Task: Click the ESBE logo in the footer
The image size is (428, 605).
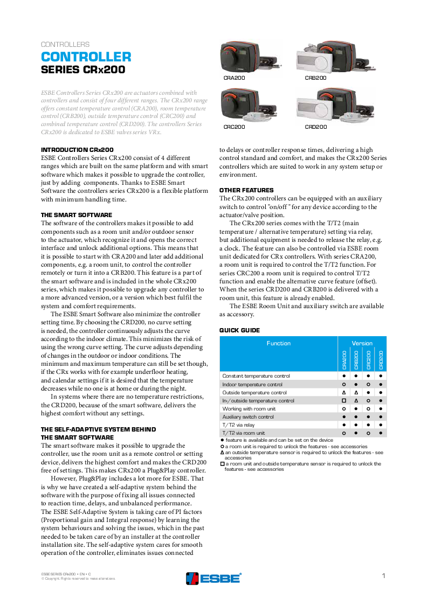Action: (213, 578)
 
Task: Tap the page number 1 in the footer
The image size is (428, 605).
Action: (383, 576)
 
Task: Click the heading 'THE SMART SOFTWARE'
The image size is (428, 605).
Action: (77, 215)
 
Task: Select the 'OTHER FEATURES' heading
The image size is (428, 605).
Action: (246, 190)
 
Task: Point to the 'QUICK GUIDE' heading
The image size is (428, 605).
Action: (239, 330)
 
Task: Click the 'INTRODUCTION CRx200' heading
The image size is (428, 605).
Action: (77, 150)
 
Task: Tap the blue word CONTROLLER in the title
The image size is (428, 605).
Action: (86, 57)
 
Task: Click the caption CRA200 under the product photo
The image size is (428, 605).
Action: (234, 79)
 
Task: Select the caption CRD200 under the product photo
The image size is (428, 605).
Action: (316, 127)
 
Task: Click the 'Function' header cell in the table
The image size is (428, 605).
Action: (278, 343)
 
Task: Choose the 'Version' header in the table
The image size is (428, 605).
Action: (362, 343)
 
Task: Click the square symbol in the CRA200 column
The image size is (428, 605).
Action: (343, 401)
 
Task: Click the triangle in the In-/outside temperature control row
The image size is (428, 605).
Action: (356, 401)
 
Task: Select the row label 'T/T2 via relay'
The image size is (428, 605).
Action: (238, 425)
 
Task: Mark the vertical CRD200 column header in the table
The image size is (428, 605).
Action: (381, 359)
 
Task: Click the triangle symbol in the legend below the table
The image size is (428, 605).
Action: (222, 453)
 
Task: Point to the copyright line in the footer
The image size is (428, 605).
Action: (79, 579)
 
